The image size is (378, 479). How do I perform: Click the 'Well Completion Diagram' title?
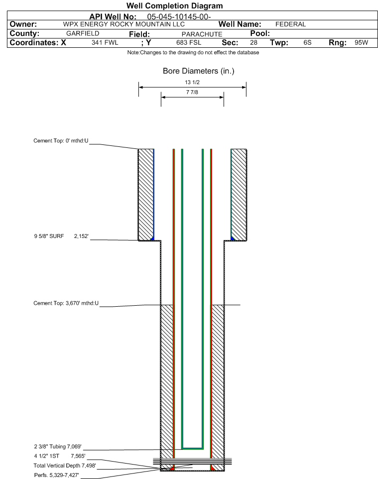[x=174, y=6]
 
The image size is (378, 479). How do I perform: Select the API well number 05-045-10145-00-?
[x=179, y=17]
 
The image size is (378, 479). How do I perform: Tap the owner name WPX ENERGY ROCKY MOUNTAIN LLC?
[x=124, y=24]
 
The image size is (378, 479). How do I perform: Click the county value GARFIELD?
[x=83, y=33]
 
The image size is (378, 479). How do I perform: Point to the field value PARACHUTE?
[x=202, y=34]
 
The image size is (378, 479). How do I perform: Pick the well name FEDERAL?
[x=291, y=24]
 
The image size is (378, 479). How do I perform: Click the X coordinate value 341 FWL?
[x=105, y=42]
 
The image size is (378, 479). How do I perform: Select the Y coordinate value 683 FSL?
[x=189, y=42]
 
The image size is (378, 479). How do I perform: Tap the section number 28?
[x=253, y=42]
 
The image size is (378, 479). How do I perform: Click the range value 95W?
[x=362, y=42]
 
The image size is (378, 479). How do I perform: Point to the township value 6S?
[x=307, y=42]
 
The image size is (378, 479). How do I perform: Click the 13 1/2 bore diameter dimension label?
[x=192, y=82]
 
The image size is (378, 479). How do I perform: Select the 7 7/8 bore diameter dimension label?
[x=192, y=92]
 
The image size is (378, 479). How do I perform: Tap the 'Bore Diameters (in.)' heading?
[x=199, y=71]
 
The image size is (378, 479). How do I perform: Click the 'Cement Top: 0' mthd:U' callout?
[x=61, y=140]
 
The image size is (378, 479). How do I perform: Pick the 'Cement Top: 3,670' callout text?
[x=66, y=303]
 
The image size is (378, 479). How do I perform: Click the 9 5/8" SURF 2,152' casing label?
[x=61, y=236]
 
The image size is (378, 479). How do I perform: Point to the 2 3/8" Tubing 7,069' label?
[x=58, y=447]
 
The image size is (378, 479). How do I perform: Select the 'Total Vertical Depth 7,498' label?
[x=65, y=466]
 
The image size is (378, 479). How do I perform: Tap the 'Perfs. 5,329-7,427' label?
[x=57, y=475]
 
